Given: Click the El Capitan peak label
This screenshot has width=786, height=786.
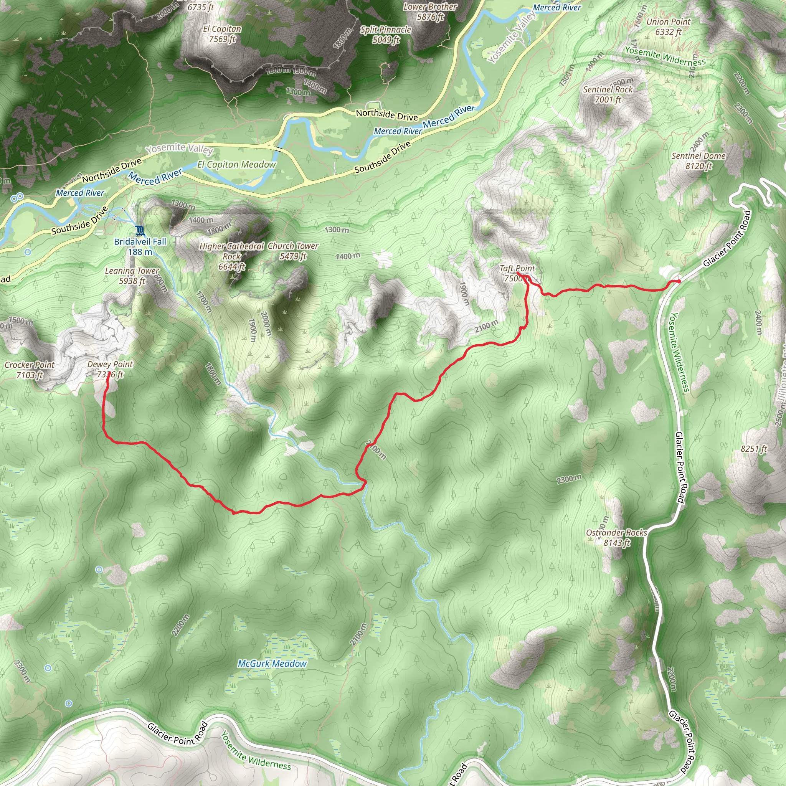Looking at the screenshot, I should (222, 34).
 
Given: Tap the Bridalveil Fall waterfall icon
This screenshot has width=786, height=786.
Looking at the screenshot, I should (140, 231).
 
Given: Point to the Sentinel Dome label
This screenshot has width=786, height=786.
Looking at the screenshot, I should (698, 161).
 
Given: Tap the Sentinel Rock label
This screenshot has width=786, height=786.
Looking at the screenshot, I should (608, 94).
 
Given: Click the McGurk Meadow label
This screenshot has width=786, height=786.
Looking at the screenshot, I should (272, 664).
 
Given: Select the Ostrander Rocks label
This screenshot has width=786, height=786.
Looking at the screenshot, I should (616, 537).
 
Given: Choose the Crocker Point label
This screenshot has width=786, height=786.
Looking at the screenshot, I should (29, 370).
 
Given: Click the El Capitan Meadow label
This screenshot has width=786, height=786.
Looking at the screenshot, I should (236, 164).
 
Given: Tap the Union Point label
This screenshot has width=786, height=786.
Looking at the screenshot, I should (669, 27).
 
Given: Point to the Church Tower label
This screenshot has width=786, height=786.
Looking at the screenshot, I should (293, 251).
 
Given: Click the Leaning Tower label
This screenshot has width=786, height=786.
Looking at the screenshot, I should (132, 276).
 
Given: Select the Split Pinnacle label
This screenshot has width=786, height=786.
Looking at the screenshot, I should (386, 34).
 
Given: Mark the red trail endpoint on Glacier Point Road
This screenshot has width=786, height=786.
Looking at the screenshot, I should (679, 281).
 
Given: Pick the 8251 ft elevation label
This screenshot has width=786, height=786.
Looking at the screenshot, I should (753, 449).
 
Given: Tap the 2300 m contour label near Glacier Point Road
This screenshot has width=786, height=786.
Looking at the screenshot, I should (569, 479).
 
